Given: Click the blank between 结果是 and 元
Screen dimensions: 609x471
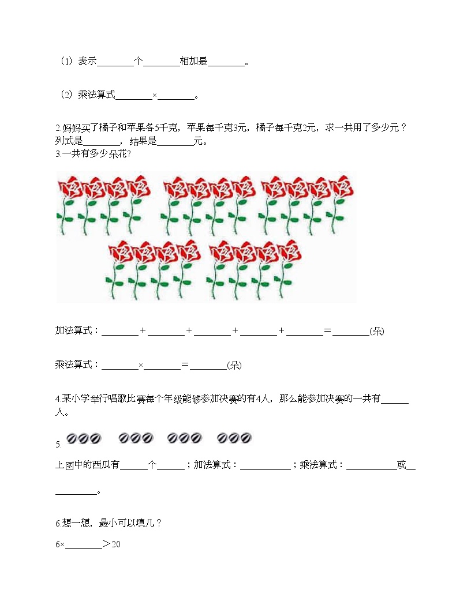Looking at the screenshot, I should [175, 141].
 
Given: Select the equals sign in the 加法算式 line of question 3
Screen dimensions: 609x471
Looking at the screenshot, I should [328, 331].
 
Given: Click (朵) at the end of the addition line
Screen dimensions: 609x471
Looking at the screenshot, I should [377, 332].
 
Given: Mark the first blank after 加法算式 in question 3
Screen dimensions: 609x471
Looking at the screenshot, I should [119, 332].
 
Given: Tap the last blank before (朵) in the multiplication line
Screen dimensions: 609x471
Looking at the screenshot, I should [208, 366].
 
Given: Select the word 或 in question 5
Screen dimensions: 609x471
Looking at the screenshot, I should [402, 465].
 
